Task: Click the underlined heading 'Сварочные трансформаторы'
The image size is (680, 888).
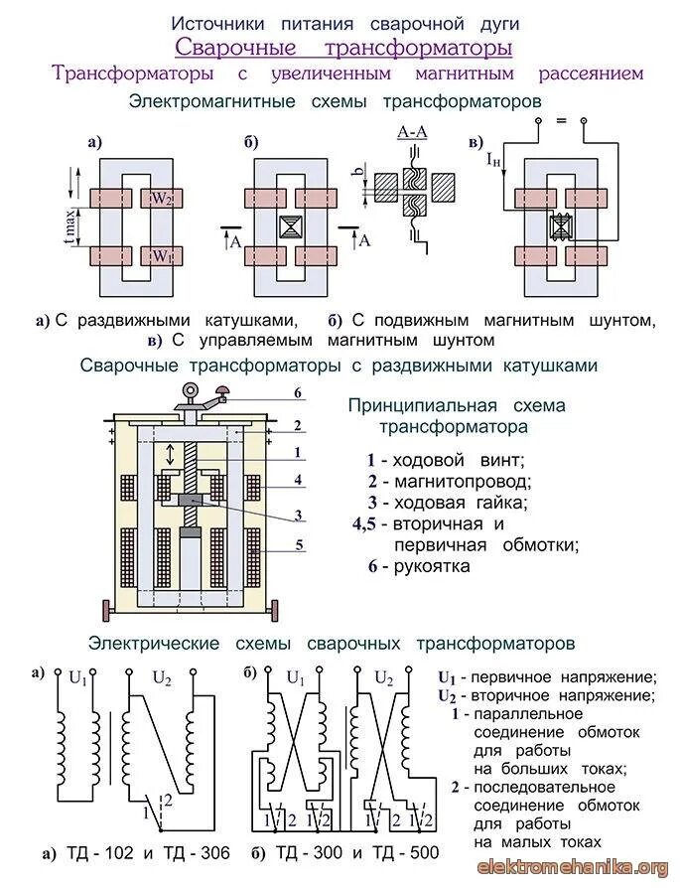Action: tap(343, 47)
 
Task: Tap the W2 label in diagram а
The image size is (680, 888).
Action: tap(162, 198)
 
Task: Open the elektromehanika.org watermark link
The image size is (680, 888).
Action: tap(574, 868)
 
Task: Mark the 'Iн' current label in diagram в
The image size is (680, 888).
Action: tap(493, 159)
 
